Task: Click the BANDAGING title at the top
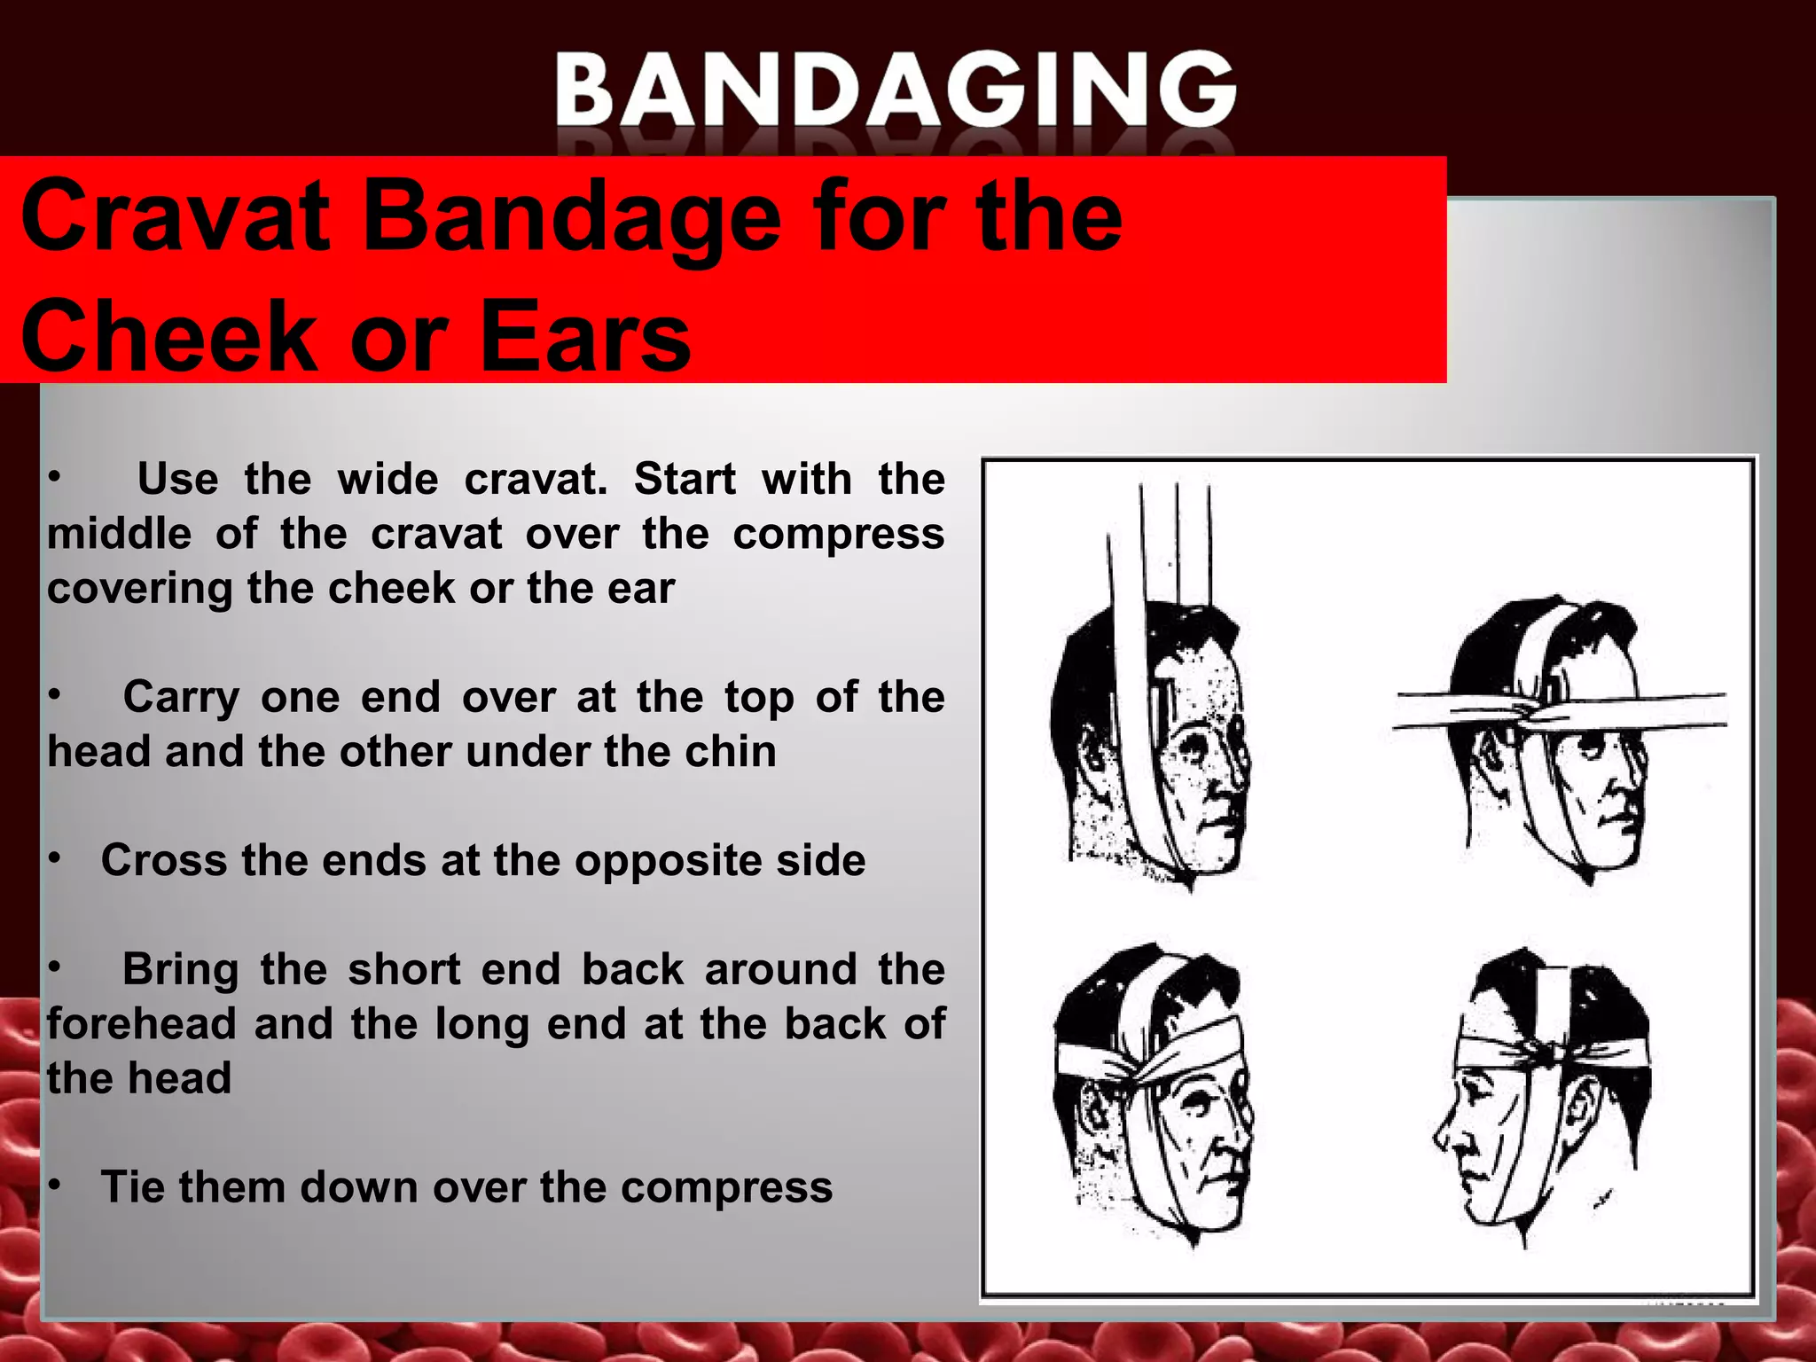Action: pyautogui.click(x=896, y=89)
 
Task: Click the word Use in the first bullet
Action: pyautogui.click(x=177, y=480)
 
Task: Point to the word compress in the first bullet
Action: pyautogui.click(x=838, y=535)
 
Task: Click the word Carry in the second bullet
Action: pyautogui.click(x=181, y=698)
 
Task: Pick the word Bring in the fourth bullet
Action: pyautogui.click(x=180, y=969)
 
